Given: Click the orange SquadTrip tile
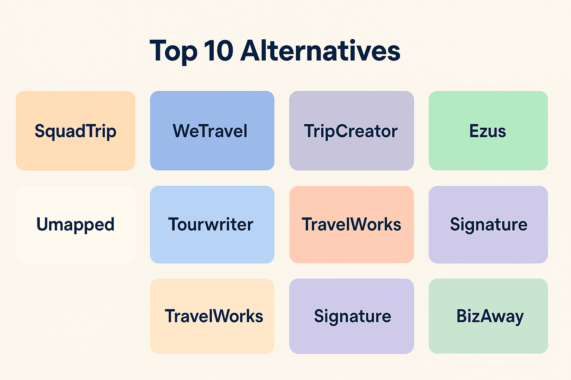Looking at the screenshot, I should (x=75, y=131).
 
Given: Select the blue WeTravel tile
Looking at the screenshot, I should (x=212, y=131).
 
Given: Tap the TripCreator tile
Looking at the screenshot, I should (x=351, y=131).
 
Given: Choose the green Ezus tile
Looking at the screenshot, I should (x=488, y=131).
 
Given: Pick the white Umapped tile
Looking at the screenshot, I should (x=75, y=225).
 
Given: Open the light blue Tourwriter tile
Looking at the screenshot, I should (x=212, y=225).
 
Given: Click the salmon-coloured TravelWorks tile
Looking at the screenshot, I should (x=351, y=225).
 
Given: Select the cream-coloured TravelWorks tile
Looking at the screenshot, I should (x=212, y=316).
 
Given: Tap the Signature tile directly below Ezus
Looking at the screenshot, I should (x=488, y=225).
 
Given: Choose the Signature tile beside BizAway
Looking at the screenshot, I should (x=351, y=316).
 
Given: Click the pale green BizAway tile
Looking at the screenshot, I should (x=488, y=316).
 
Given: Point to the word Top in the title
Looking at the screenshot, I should (x=173, y=51).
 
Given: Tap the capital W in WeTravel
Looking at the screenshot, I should (x=183, y=131).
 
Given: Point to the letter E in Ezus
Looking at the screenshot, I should (x=474, y=131).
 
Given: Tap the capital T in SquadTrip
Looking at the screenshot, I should (x=90, y=131).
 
